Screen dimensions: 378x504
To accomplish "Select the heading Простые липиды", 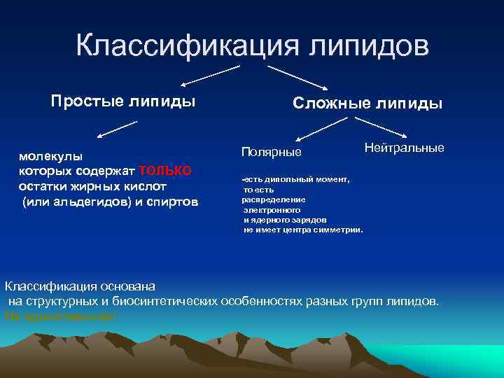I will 123,101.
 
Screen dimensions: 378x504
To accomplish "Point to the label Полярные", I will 271,152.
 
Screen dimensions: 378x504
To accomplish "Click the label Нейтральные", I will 405,149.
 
